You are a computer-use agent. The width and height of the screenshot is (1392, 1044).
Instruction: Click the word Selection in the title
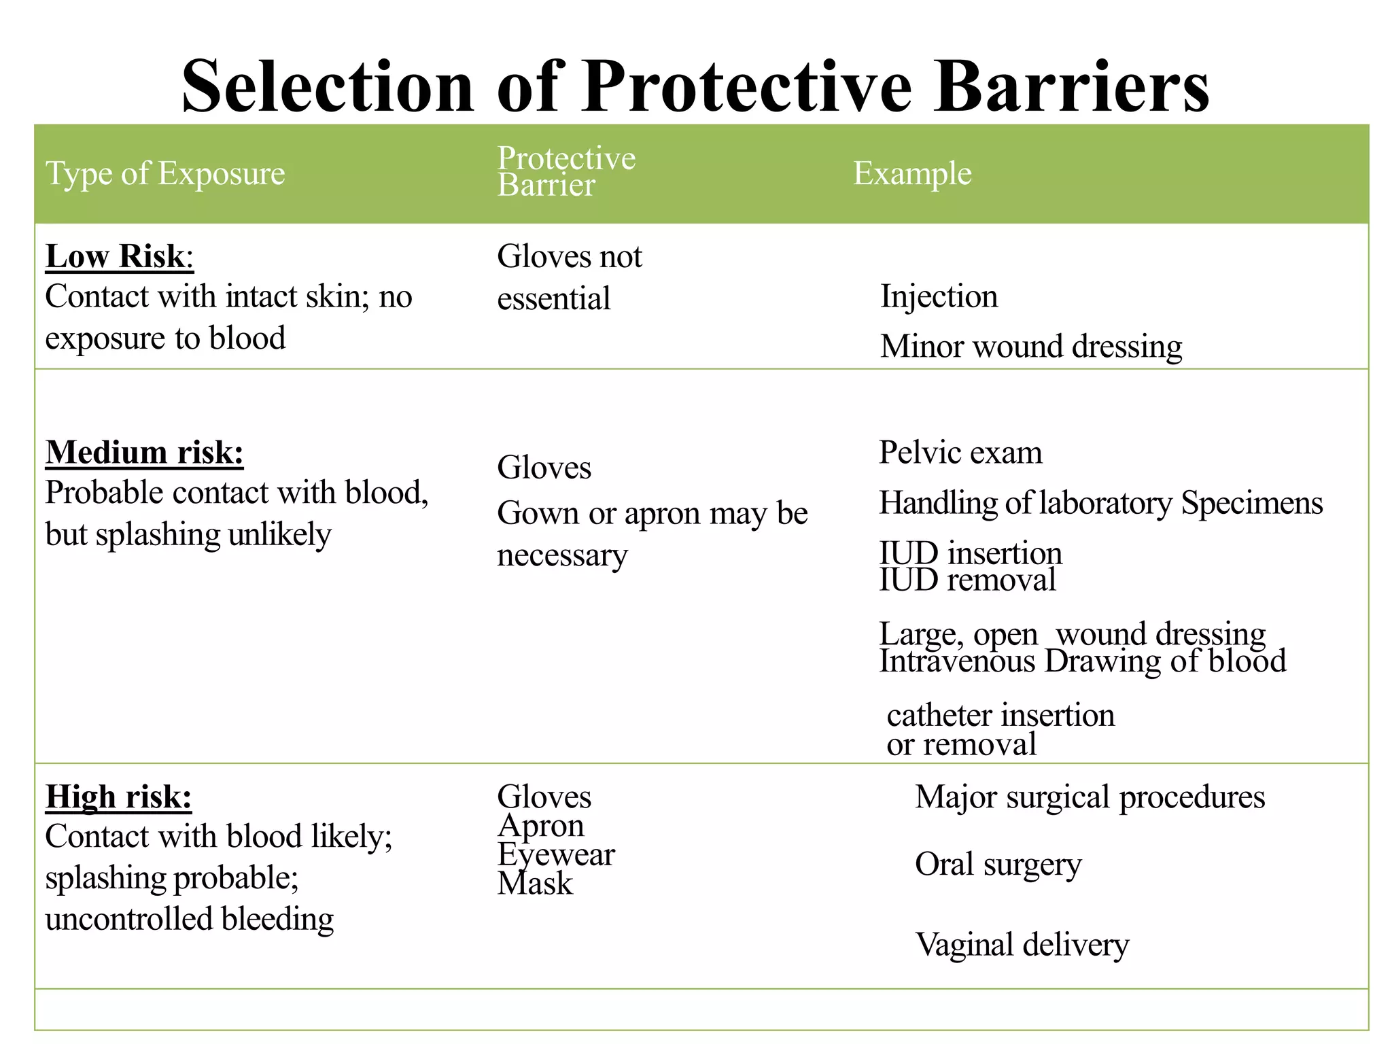[327, 87]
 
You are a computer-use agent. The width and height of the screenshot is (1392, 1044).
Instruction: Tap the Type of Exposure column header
[165, 173]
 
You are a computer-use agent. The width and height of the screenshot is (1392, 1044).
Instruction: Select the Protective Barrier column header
[565, 171]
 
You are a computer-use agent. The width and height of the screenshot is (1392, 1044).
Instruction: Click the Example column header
[912, 173]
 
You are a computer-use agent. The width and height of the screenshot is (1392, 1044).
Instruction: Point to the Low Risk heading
[116, 257]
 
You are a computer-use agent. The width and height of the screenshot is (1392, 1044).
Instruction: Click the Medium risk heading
[144, 453]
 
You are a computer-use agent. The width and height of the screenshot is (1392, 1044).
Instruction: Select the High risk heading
[118, 797]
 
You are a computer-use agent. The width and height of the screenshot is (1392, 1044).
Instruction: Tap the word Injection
[939, 297]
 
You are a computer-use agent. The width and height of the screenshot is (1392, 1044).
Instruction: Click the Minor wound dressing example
[1030, 347]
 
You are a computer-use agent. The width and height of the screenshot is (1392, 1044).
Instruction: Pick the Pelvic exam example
[960, 453]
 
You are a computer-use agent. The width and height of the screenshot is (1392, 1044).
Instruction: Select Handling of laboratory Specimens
[1100, 504]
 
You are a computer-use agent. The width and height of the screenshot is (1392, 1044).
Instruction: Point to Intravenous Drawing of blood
[1082, 661]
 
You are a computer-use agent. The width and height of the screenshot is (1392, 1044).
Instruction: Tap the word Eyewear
[555, 855]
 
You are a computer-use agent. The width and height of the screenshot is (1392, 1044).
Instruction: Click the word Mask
[535, 884]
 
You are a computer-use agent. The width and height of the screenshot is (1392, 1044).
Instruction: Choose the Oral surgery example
[998, 865]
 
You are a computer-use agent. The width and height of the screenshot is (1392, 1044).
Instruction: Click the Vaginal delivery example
[1022, 945]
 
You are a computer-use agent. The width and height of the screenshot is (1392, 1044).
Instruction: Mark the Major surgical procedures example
[1090, 797]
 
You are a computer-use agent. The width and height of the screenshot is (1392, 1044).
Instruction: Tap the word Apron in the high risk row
[540, 826]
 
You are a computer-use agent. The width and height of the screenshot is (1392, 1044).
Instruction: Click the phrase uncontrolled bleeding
[189, 919]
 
